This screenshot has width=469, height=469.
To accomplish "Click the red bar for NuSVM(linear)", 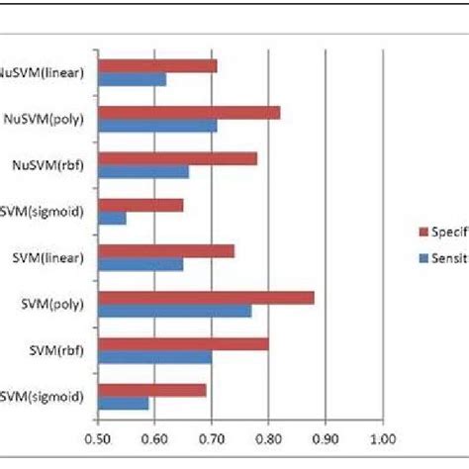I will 157,66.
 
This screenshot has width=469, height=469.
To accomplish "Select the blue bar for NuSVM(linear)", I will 132,79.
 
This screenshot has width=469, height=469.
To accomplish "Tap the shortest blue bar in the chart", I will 112,218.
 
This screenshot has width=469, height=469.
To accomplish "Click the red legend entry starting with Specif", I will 443,232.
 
